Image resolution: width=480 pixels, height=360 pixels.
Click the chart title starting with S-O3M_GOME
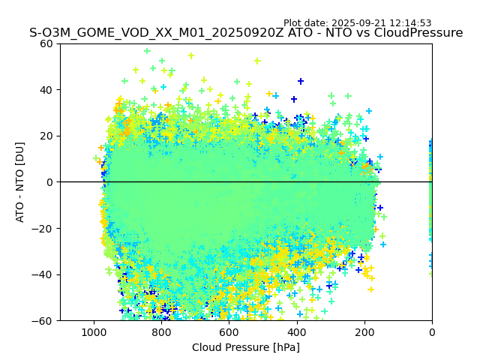point(246,33)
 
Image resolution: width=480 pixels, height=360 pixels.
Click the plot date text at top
point(357,23)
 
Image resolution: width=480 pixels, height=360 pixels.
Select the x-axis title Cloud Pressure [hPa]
point(246,347)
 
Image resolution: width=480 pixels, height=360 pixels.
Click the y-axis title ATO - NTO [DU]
point(21,182)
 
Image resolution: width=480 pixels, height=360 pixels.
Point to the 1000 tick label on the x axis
point(94,331)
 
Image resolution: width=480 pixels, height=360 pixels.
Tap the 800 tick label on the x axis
point(161,331)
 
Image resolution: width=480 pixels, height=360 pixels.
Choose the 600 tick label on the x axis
point(229,331)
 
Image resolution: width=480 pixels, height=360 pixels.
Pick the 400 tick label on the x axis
point(297,331)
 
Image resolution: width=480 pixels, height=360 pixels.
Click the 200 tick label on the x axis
point(364,331)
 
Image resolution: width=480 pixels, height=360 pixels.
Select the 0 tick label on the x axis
point(432,331)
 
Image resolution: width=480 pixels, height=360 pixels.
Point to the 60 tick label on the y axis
point(46,43)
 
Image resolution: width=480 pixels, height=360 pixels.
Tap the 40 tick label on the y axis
point(46,90)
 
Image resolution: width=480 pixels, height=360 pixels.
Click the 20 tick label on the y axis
point(46,136)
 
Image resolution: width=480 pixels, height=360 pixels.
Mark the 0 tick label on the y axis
point(49,182)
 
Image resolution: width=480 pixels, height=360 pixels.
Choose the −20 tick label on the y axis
point(43,228)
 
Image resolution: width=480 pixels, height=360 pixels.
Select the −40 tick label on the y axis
point(43,274)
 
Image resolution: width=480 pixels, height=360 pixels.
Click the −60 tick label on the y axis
point(43,320)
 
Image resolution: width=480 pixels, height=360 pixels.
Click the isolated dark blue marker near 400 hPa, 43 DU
point(301,81)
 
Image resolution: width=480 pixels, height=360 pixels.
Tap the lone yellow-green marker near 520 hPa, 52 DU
point(257,61)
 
